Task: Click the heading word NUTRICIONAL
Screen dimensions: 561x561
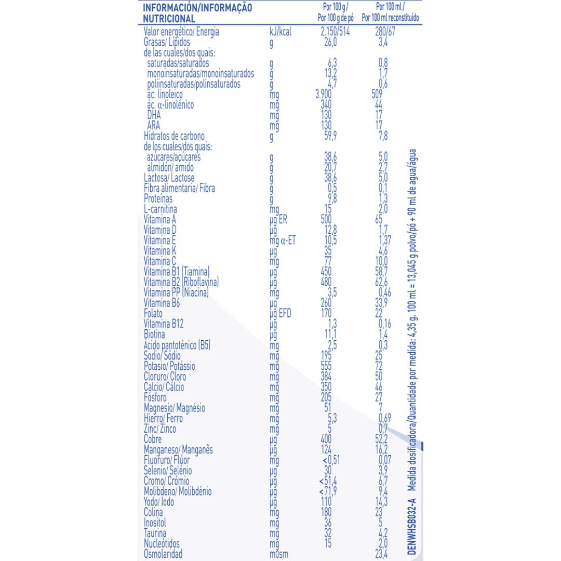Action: [169, 19]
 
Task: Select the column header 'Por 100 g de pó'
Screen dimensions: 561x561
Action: [336, 18]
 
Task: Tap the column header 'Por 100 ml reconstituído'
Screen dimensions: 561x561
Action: [391, 18]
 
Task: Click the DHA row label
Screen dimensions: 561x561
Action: [154, 115]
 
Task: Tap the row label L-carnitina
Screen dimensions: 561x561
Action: [162, 209]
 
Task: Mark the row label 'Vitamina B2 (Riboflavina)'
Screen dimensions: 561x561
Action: [181, 283]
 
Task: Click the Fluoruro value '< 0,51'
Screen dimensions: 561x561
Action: [329, 460]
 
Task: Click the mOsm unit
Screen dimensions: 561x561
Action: [280, 554]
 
